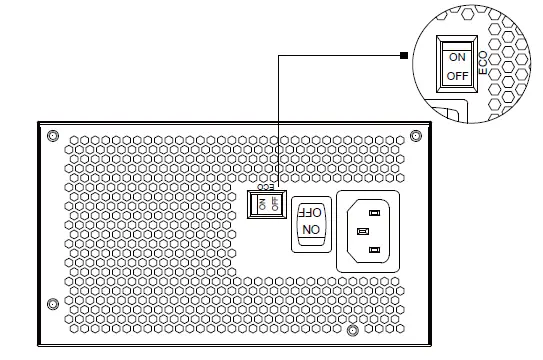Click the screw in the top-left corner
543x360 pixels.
(53, 135)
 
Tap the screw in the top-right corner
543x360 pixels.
(416, 135)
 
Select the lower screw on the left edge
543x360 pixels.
(53, 304)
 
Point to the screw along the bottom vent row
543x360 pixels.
(353, 331)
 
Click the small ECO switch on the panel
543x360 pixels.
(267, 204)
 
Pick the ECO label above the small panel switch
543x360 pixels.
(265, 187)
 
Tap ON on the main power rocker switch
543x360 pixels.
(311, 229)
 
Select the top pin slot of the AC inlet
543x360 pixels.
(374, 213)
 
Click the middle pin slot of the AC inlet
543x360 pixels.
(363, 231)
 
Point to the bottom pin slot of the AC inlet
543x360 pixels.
(374, 250)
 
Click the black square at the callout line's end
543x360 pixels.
(404, 55)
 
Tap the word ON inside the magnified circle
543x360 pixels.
(457, 57)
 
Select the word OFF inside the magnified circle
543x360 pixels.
(457, 76)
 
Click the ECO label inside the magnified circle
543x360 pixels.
(483, 63)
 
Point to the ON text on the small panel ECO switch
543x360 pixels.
(262, 204)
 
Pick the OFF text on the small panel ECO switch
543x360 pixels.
(275, 204)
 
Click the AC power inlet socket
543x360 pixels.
(368, 231)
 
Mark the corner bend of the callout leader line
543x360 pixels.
(279, 55)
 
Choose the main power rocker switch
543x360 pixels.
(311, 224)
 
